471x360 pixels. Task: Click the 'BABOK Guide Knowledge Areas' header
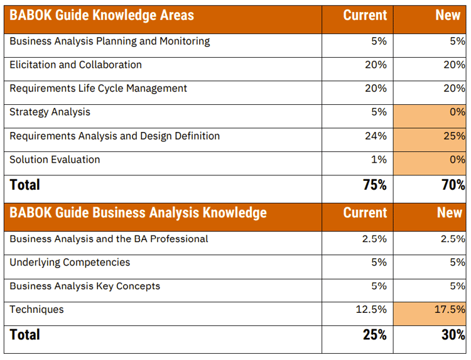(x=102, y=16)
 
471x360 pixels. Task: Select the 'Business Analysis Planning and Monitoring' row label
(x=109, y=41)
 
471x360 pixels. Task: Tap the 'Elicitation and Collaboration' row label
(x=75, y=65)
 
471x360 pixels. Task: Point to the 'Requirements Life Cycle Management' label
(x=98, y=89)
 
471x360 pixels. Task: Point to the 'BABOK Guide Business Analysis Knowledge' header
(x=138, y=212)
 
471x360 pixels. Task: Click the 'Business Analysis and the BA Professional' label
(x=109, y=239)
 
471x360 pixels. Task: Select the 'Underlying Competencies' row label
(x=70, y=262)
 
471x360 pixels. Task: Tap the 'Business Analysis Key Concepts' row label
(x=85, y=286)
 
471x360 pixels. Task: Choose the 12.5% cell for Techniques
(x=371, y=310)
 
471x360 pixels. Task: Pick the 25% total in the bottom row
(x=374, y=335)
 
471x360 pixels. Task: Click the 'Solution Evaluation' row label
(x=55, y=160)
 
